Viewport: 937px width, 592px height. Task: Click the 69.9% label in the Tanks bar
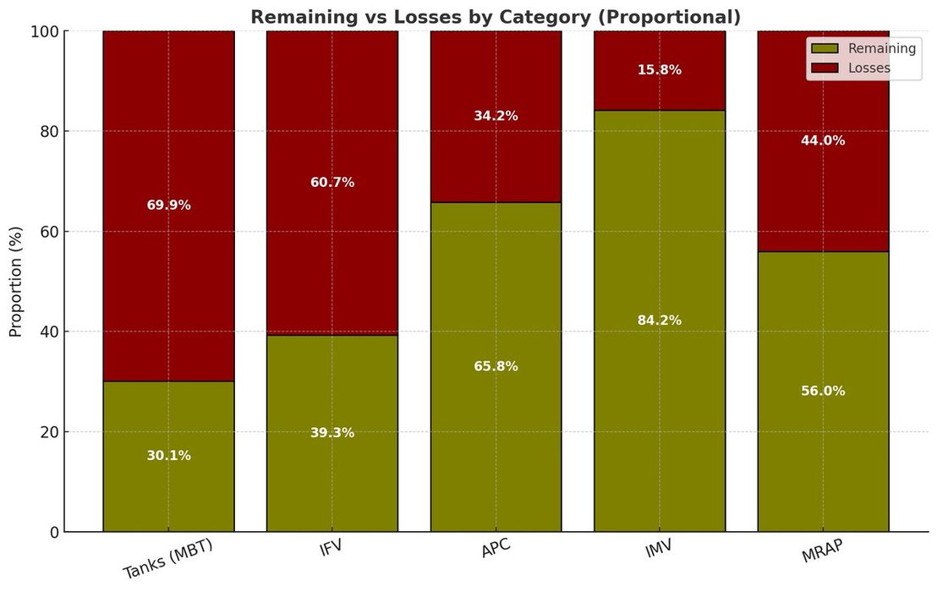point(168,206)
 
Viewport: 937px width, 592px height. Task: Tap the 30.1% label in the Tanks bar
point(168,456)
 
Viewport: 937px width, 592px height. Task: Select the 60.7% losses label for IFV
point(332,183)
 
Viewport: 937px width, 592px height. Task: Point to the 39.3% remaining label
point(332,433)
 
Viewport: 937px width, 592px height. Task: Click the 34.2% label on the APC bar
point(496,116)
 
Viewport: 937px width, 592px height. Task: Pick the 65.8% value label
point(496,366)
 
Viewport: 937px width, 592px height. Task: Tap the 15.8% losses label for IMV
point(660,70)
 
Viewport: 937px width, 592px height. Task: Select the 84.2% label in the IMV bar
point(660,321)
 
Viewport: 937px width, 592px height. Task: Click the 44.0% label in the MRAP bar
point(823,141)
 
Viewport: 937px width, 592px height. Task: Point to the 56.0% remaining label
point(823,392)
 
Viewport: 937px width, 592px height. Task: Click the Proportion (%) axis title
point(16,282)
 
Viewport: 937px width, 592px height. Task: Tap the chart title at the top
point(495,17)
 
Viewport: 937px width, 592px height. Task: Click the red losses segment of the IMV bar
point(660,93)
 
